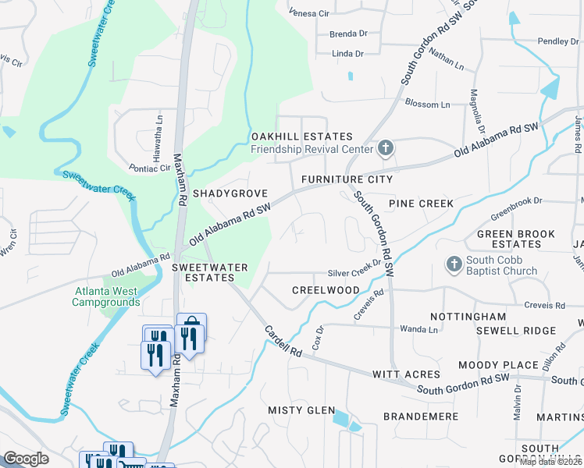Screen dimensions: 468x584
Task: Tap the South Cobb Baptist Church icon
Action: point(454,265)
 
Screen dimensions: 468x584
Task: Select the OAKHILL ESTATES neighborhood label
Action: point(301,136)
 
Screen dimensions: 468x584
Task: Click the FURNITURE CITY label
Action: point(347,179)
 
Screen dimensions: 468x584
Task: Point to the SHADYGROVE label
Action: point(230,193)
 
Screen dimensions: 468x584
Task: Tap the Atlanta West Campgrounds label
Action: point(105,297)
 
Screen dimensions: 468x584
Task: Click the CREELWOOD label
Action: point(326,290)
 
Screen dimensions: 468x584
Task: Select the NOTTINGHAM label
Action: point(468,317)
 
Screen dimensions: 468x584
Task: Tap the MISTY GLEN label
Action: point(301,410)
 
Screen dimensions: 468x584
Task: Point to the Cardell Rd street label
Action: point(283,342)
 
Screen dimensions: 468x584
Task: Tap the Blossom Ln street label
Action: point(427,105)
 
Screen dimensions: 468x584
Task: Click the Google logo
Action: point(26,459)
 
